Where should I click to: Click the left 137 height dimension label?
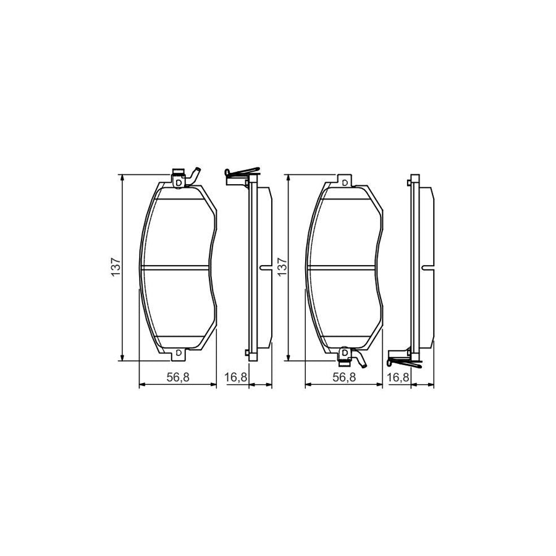115,267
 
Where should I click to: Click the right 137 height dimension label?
281,267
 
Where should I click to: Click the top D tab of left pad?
179,182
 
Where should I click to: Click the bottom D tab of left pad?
179,352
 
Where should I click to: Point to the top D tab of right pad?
344,182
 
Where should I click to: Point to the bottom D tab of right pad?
344,352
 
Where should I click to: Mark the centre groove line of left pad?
178,267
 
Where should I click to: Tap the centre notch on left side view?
265,267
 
